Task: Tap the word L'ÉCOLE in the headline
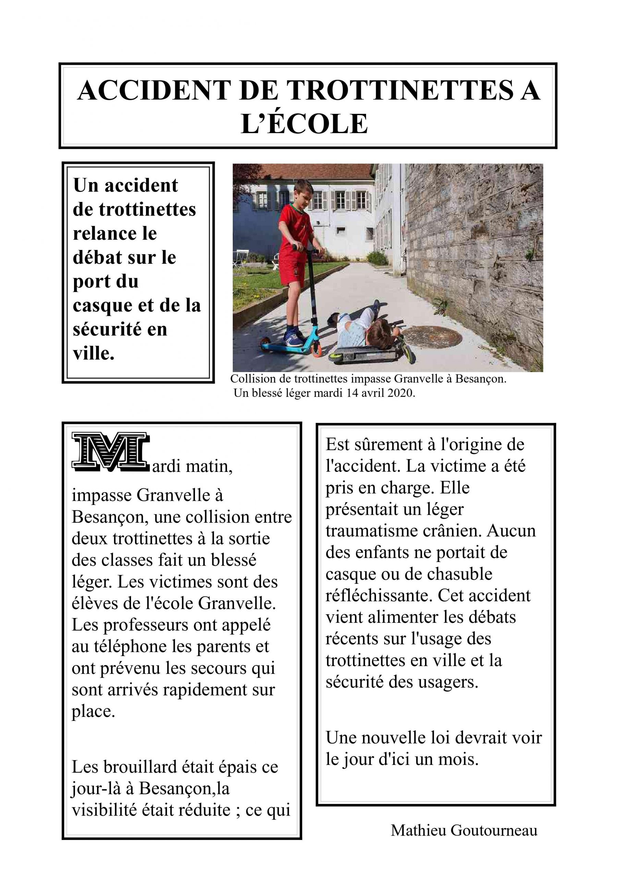[304, 124]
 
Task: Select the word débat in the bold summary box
[97, 258]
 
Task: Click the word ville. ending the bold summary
[94, 354]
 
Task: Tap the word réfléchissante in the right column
[378, 596]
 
